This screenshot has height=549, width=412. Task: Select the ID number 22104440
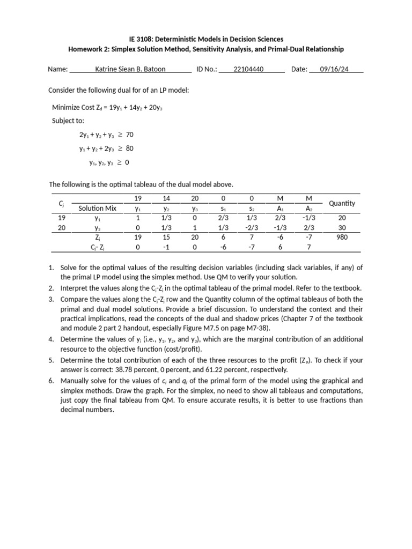tap(248, 69)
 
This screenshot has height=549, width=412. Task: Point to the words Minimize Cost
tap(73, 108)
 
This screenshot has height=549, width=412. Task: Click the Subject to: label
tap(68, 121)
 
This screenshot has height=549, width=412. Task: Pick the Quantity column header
tap(342, 203)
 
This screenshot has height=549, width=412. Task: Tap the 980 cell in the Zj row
tap(342, 237)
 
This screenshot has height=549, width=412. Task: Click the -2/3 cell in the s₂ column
tap(252, 227)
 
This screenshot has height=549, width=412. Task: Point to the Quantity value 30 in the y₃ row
tap(342, 227)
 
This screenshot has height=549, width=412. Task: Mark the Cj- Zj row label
tap(97, 247)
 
